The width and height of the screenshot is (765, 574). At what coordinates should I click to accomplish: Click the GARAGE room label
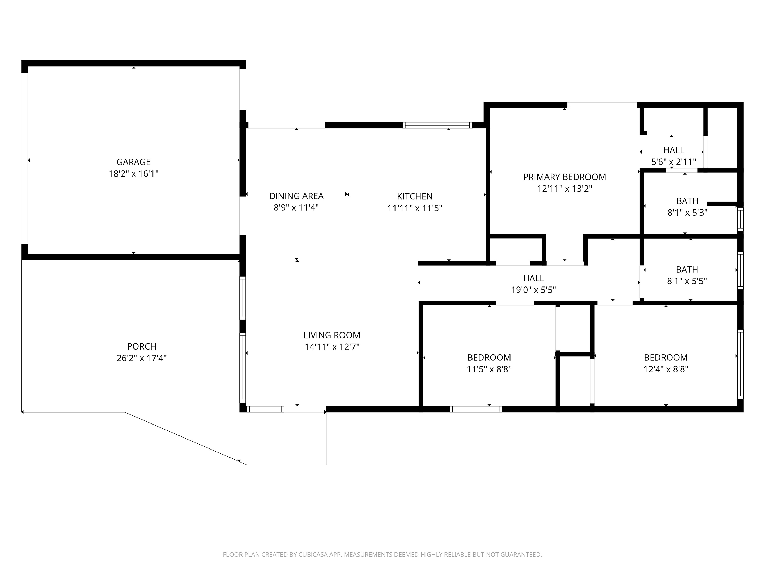134,162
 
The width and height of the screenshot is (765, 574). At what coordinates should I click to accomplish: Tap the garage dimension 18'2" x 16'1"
134,174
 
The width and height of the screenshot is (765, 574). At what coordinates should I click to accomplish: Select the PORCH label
142,346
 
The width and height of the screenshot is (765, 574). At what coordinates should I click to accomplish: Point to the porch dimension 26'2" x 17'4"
142,358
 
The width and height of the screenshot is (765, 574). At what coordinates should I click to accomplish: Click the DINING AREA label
296,196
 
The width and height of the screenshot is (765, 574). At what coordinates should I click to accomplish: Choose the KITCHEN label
415,196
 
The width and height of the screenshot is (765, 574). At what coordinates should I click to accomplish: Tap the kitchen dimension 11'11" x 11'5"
415,208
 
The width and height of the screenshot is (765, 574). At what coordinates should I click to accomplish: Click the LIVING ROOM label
332,335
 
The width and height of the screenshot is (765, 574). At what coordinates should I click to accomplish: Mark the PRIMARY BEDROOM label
564,177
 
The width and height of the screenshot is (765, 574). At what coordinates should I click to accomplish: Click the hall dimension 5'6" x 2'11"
674,162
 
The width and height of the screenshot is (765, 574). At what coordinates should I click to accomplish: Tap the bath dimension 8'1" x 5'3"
687,213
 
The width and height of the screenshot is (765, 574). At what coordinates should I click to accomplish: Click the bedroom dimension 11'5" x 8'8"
489,369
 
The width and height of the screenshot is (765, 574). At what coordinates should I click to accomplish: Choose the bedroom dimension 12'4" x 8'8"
666,369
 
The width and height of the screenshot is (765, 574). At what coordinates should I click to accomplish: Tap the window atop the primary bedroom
602,105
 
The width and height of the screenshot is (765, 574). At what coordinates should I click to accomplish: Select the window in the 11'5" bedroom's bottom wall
476,409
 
